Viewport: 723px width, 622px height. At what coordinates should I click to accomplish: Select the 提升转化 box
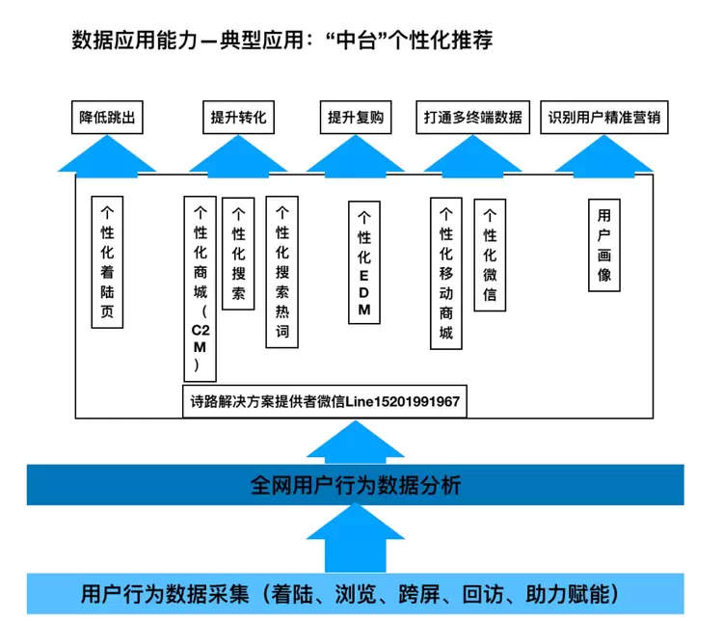pos(238,119)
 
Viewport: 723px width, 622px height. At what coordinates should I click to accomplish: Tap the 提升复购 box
pos(356,119)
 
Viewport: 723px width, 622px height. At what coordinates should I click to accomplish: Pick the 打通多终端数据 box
pos(472,119)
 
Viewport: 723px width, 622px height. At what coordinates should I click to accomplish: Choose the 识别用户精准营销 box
pos(604,119)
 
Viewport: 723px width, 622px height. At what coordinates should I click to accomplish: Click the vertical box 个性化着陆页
pos(108,263)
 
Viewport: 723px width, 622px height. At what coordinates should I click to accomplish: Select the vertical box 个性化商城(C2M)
pos(200,288)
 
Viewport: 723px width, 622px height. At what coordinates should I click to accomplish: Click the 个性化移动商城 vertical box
pos(445,275)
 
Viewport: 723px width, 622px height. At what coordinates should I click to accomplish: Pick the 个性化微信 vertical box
pos(490,254)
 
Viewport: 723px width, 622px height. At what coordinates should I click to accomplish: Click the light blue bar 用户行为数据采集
pos(355,593)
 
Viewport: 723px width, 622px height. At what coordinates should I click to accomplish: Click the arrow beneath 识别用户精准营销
pos(604,154)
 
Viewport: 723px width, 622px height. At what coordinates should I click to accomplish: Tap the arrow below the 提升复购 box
pos(356,154)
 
